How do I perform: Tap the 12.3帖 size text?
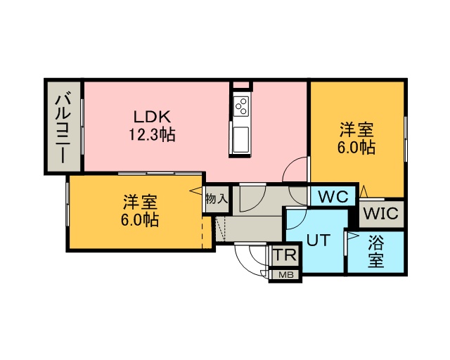pos(151,134)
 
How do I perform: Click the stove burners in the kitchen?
pos(240,105)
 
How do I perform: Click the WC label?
pos(333,197)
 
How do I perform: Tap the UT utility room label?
pos(317,240)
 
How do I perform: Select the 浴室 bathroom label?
pos(376,252)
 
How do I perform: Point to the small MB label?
pos(286,275)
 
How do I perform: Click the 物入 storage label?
pos(217,199)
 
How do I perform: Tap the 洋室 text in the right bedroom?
pos(357,130)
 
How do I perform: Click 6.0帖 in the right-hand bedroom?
pos(357,148)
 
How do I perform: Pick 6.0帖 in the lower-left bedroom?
pos(140,220)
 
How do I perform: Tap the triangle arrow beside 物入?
pos(195,191)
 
